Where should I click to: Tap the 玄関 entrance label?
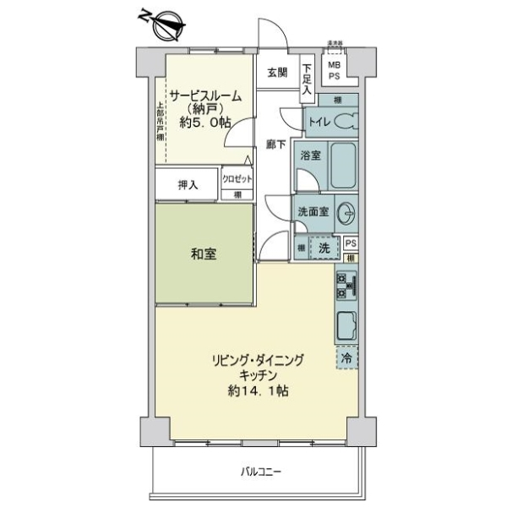(277, 73)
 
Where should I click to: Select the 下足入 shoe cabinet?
(307, 79)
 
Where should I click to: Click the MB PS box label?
(335, 70)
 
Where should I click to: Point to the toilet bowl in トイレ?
(346, 122)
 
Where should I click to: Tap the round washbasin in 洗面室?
(346, 214)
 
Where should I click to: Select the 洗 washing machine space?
(324, 248)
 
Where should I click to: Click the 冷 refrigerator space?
(346, 358)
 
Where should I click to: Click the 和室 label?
(204, 253)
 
